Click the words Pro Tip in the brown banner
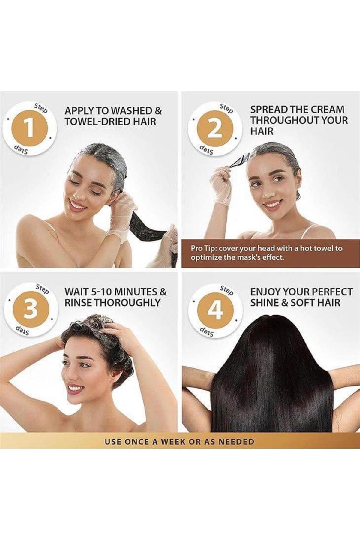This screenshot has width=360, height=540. point(201,249)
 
